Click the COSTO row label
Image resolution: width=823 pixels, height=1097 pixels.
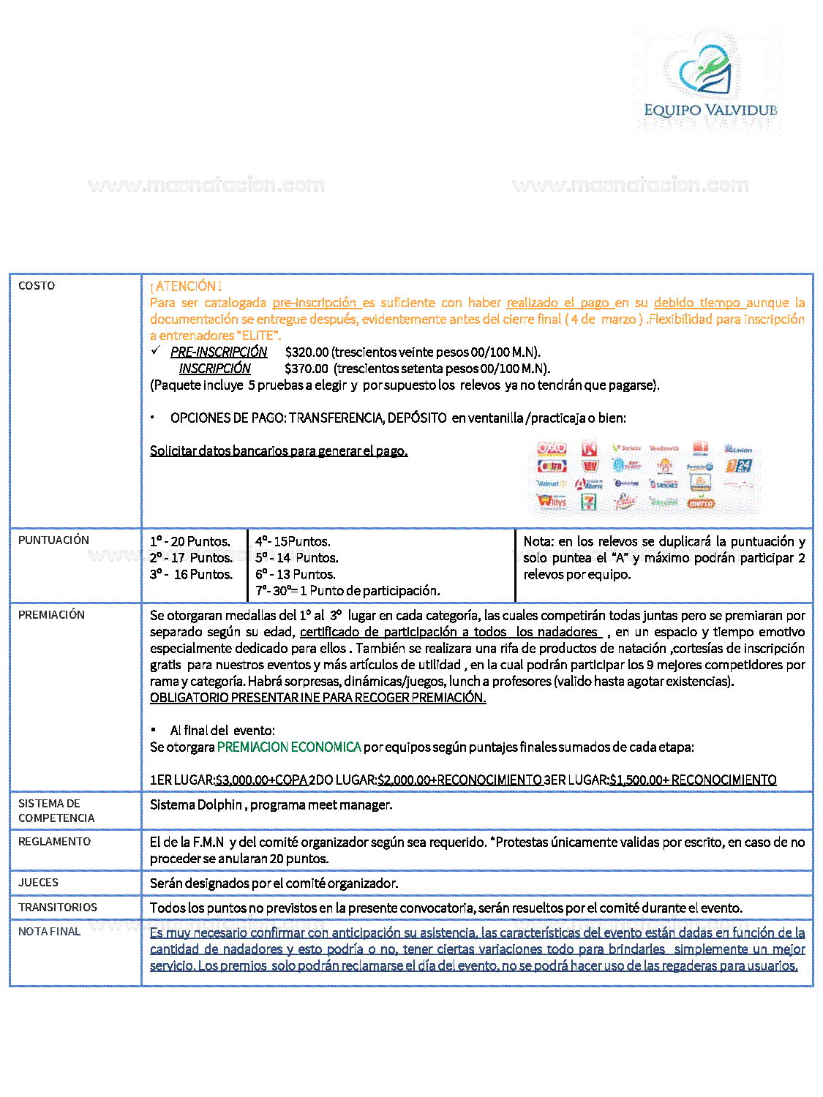[37, 286]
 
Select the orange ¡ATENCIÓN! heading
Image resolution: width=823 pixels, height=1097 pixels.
[186, 287]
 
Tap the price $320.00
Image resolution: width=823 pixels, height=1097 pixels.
[307, 353]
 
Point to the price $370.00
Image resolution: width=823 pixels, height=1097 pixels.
[307, 369]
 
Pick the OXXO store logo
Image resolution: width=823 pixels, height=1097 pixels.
[552, 448]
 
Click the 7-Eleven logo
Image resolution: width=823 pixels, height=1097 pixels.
[588, 502]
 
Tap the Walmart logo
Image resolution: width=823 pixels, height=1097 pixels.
[549, 483]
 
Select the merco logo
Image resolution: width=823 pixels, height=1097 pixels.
[701, 503]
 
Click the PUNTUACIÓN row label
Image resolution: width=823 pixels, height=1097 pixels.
[53, 540]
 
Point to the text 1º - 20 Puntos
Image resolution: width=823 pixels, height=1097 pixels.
[190, 542]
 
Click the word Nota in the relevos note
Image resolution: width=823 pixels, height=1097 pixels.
[538, 542]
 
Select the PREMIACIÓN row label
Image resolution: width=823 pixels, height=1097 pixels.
[51, 615]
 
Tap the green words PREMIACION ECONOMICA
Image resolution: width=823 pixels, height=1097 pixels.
[289, 747]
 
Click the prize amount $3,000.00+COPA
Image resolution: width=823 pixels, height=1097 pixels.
[261, 780]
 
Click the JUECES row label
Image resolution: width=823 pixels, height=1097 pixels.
[38, 883]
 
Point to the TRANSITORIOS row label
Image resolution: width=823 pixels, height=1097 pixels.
[58, 908]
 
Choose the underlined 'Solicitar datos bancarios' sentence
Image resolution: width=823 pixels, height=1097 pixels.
[279, 451]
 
